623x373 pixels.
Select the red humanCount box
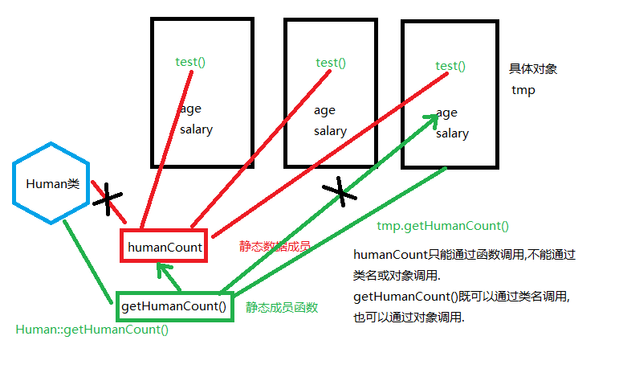click(165, 248)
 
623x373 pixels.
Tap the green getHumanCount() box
click(174, 306)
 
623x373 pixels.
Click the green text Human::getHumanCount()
click(92, 330)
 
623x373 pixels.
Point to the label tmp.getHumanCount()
click(442, 226)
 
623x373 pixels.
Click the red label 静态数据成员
click(274, 246)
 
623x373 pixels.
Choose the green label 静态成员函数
click(282, 307)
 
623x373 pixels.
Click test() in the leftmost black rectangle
click(191, 61)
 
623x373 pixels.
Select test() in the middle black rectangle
click(331, 63)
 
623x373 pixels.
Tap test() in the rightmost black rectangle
click(450, 66)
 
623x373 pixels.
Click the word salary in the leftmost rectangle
click(196, 129)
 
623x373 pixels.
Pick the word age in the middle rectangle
click(324, 110)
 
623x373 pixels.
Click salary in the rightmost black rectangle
click(452, 133)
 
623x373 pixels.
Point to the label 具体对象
click(533, 69)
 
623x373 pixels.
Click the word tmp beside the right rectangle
click(523, 90)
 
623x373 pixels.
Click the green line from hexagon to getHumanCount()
click(88, 259)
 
